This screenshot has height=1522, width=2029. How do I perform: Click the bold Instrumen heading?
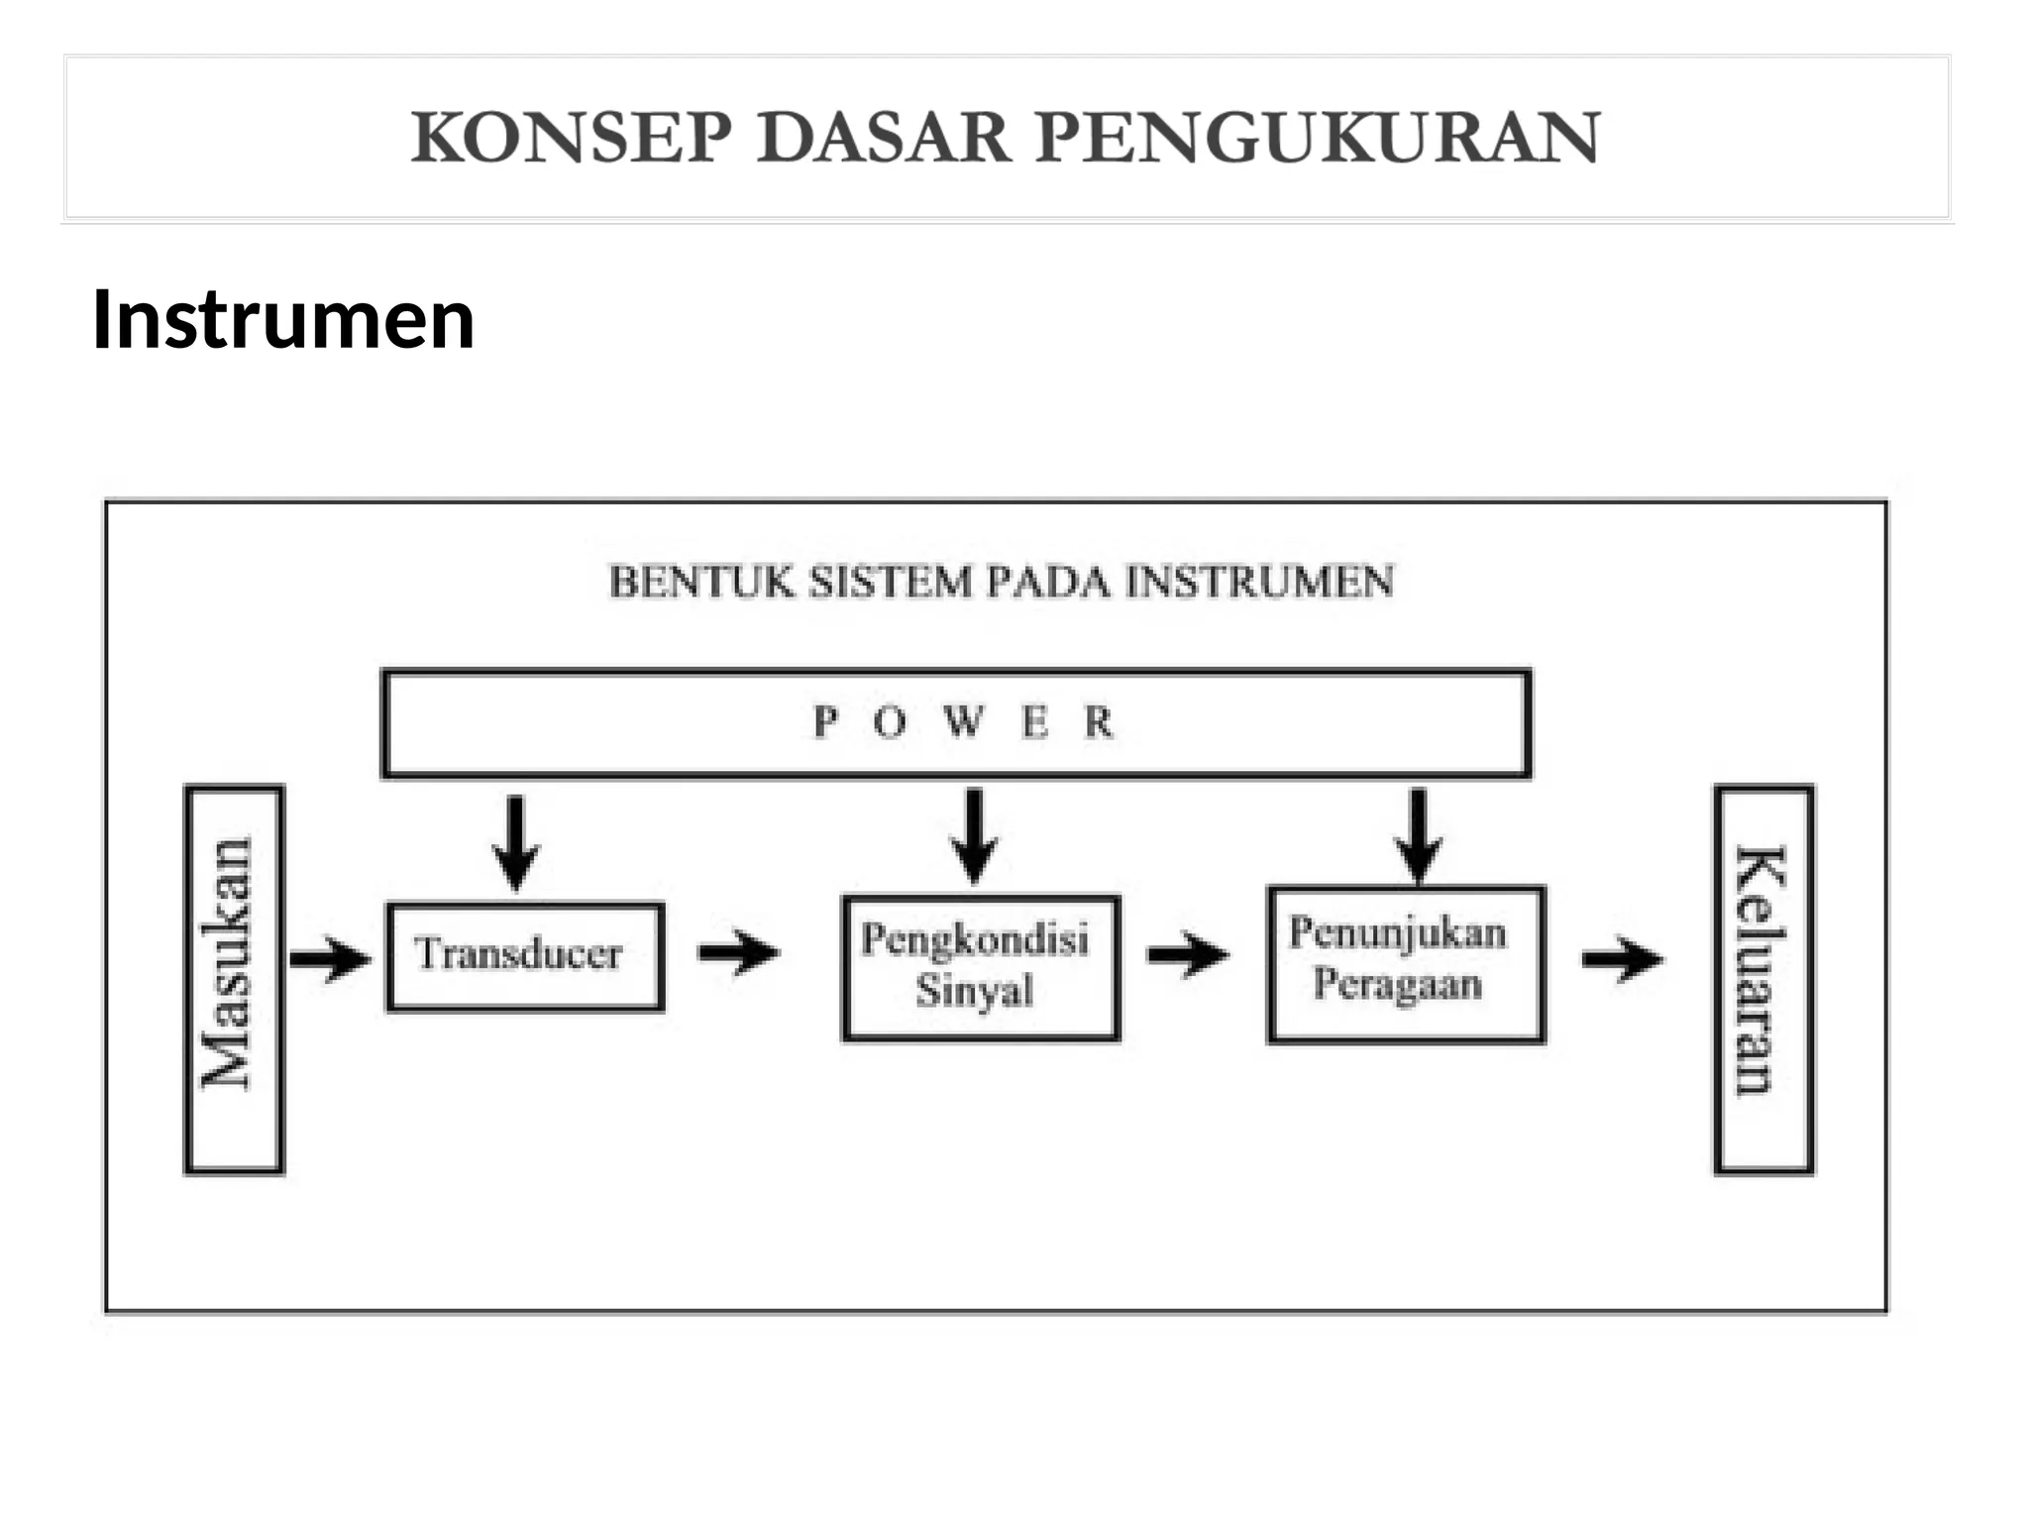(x=283, y=320)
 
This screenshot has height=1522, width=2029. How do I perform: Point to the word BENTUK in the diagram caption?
(x=700, y=582)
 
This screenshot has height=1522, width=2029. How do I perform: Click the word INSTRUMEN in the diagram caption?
(x=1259, y=582)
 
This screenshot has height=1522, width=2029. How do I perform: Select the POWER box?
(x=956, y=723)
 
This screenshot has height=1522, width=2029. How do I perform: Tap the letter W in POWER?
(x=962, y=721)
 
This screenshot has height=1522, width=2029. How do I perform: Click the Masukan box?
(x=234, y=979)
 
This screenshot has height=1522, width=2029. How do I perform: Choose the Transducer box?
(x=525, y=956)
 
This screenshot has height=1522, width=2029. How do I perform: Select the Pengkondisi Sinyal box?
(x=981, y=967)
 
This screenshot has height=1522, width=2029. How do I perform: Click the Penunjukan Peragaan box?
(x=1406, y=963)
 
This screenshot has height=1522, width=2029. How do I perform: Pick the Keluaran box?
(x=1763, y=979)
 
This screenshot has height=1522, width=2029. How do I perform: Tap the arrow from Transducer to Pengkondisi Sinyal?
(x=739, y=953)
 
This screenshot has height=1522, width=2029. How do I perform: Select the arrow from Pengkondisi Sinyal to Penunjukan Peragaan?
(x=1188, y=955)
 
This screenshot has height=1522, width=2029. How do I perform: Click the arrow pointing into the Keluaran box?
(x=1622, y=958)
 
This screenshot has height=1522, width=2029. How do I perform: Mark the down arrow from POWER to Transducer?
(x=516, y=842)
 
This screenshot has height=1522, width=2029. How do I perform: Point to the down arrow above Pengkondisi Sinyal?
(x=975, y=835)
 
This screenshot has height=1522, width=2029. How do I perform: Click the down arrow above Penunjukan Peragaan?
(x=1419, y=835)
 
